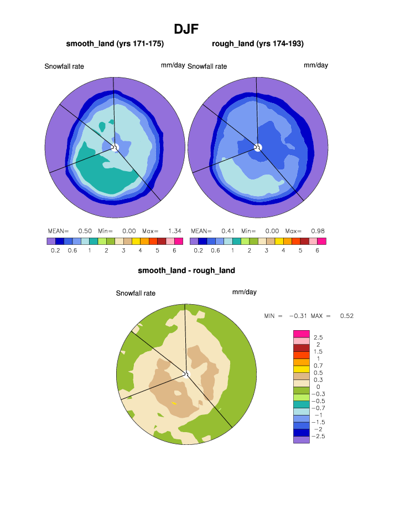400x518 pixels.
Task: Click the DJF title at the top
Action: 186,28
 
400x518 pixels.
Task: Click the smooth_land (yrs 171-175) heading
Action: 115,43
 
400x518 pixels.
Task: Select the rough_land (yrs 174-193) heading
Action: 258,43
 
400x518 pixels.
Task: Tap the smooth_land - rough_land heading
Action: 186,270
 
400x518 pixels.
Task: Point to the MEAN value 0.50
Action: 85,230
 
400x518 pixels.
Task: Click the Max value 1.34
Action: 175,230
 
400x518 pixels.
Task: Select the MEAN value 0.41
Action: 227,230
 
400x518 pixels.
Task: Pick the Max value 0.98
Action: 318,230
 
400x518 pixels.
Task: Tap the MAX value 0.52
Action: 347,316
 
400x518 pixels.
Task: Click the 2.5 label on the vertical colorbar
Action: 319,337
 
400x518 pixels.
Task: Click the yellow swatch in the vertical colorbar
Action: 300,369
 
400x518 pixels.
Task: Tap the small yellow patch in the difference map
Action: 174,403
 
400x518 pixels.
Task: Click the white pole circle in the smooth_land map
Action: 115,147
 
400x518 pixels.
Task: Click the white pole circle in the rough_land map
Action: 257,147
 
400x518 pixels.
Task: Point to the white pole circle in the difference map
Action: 186,375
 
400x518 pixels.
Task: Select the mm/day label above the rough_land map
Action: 316,65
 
